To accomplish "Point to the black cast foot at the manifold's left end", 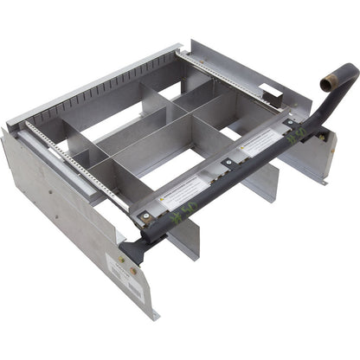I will click(130, 251).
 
